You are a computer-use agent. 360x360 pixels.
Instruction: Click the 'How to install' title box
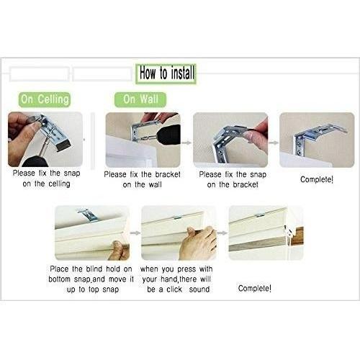coord(166,73)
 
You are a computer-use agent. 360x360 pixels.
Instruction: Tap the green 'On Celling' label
coord(45,99)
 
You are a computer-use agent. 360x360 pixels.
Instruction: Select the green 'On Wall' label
coord(140,99)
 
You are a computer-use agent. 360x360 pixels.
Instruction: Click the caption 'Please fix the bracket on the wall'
coord(142,179)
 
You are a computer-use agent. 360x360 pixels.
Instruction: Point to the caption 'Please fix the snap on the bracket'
coord(233,179)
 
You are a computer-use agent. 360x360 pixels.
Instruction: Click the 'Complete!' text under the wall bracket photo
coord(317,179)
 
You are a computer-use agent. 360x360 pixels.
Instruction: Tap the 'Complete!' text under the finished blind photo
coord(255,288)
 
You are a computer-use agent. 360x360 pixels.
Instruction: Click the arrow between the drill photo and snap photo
coord(186,143)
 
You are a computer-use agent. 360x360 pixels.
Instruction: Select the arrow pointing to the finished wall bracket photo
coord(274,143)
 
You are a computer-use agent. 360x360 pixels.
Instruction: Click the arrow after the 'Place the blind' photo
coord(135,233)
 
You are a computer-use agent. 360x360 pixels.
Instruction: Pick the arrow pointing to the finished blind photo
coord(222,233)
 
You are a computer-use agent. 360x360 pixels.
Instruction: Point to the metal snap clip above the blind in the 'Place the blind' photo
coord(88,215)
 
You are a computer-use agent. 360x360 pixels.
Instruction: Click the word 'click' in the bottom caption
coord(174,289)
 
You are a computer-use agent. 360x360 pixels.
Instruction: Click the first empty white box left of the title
coord(40,74)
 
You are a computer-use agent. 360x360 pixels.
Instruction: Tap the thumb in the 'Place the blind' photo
coord(117,247)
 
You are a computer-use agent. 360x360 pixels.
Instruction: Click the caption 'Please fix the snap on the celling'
coord(46,179)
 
